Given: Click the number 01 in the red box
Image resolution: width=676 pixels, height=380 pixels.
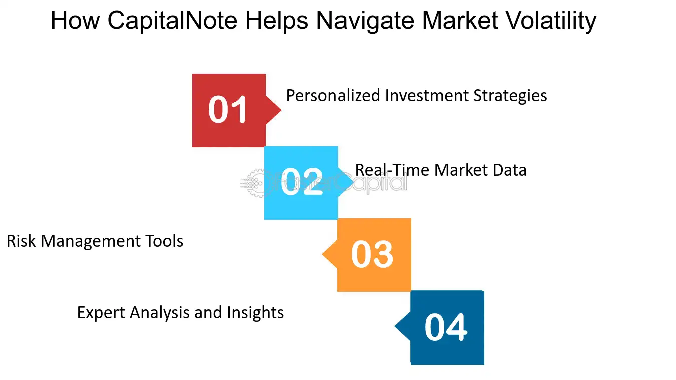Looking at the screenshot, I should [228, 110].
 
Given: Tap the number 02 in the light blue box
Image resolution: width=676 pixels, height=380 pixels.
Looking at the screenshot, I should [301, 183].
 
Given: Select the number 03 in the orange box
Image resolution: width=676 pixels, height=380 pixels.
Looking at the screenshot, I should [372, 255].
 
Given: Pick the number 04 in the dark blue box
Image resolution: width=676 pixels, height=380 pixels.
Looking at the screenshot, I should [446, 327].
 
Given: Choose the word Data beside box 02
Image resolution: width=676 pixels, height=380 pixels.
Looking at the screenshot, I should [508, 170].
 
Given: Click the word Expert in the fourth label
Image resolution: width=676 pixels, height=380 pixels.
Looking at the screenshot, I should [101, 313].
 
